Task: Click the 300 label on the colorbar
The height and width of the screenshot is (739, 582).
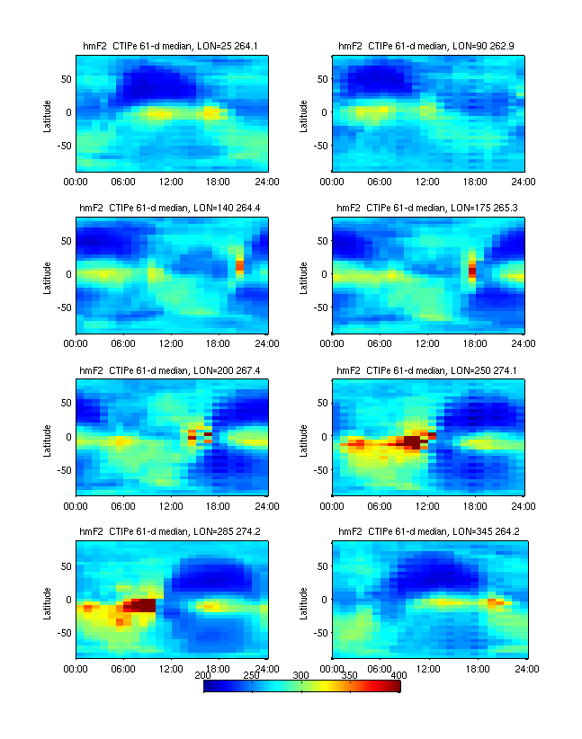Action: [x=301, y=674]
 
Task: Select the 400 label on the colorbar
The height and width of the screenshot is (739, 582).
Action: [x=398, y=674]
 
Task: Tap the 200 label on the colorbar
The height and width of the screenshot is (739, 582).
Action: [x=203, y=674]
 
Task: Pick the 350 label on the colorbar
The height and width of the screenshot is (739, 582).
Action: [x=350, y=674]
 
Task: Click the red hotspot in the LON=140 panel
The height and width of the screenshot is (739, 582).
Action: [x=240, y=266]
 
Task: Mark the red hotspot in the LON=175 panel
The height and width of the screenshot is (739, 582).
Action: [x=473, y=270]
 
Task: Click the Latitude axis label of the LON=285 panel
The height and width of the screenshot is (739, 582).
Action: [x=47, y=599]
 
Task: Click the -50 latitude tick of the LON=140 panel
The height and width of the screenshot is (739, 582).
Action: [x=63, y=307]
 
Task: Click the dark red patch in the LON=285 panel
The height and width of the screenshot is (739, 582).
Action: [x=142, y=605]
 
